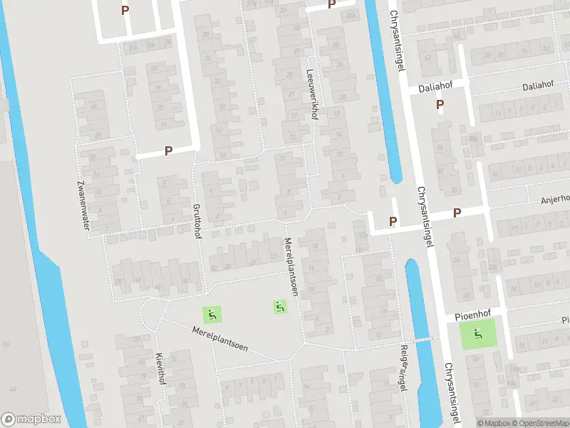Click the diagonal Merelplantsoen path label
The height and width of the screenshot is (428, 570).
point(220,338)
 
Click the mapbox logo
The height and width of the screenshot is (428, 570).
point(31,419)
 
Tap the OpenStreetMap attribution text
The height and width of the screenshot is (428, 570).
point(539,423)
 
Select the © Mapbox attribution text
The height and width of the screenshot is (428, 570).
point(493,423)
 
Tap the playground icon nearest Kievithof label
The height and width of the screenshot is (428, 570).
point(212,313)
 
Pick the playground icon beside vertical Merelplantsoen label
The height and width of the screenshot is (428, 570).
point(279,307)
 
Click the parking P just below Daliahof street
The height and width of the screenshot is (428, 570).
point(440,105)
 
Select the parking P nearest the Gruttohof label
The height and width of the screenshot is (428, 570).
point(169,151)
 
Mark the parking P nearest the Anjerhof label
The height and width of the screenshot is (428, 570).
point(457,212)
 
